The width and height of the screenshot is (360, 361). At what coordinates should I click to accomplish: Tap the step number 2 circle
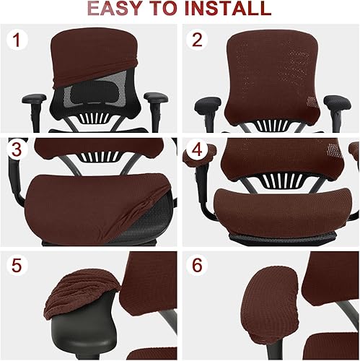click(197, 40)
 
